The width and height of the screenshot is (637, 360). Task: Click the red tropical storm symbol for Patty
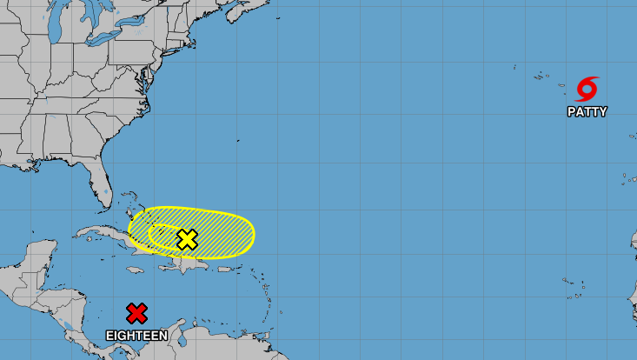click(x=587, y=90)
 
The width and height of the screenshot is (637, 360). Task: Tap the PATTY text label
click(x=587, y=112)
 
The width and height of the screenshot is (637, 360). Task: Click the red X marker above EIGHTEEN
click(x=136, y=313)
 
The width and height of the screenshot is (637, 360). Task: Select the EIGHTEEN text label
click(x=136, y=335)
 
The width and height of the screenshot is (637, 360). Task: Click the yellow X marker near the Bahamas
click(x=187, y=239)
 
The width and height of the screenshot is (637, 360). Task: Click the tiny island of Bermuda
click(x=237, y=141)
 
